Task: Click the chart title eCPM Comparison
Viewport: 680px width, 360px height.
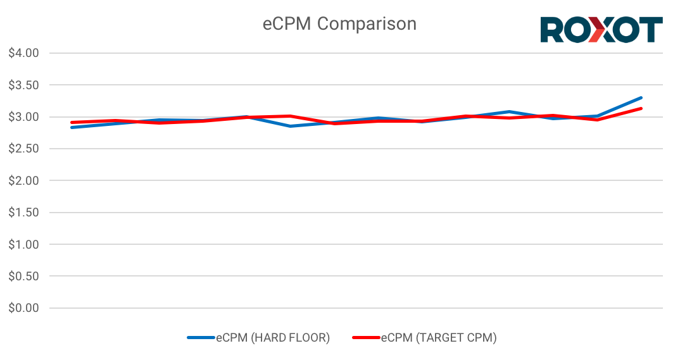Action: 339,24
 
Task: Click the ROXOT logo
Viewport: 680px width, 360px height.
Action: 601,30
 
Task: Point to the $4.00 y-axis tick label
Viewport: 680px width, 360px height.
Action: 24,53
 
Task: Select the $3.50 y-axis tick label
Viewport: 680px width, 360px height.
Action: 24,85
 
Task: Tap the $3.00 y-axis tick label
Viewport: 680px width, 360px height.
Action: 24,117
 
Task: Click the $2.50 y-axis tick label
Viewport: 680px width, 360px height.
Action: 24,149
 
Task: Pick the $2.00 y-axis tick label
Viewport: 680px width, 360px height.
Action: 24,180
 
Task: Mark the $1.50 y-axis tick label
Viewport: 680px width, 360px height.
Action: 24,213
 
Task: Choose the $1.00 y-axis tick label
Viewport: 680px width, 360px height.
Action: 24,244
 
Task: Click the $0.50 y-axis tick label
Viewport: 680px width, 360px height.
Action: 24,276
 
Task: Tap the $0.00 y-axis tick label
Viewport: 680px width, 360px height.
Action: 24,308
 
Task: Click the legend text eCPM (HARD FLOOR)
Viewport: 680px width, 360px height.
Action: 273,338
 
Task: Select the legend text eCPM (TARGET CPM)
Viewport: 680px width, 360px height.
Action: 439,338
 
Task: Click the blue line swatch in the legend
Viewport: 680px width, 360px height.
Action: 201,338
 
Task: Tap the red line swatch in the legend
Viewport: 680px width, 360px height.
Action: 366,338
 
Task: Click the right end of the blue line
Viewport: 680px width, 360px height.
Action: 641,98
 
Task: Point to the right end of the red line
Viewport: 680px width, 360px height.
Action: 641,108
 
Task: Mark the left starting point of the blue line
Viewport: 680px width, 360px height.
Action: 72,127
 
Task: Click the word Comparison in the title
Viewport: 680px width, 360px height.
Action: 367,24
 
